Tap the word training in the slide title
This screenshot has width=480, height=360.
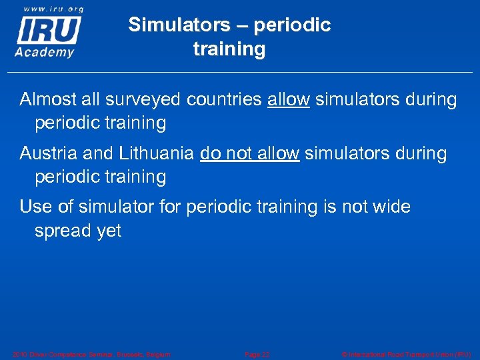coord(229,49)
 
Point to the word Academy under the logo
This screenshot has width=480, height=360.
coord(45,52)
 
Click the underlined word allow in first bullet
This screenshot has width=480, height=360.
coord(289,100)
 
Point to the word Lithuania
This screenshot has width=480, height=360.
coord(157,153)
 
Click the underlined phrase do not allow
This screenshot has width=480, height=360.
coord(249,153)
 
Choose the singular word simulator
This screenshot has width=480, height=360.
coord(117,207)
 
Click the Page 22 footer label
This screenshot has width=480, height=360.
coord(257,354)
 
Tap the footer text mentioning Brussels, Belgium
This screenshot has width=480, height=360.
coord(91,354)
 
